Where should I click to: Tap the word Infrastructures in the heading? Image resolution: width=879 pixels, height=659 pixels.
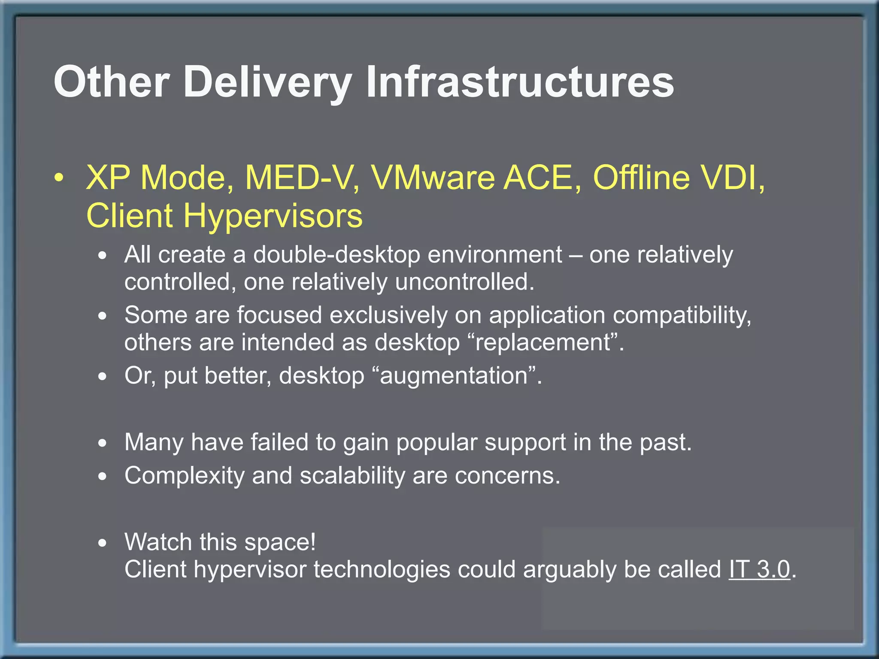(519, 82)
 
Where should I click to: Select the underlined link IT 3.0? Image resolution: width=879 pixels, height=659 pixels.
(759, 569)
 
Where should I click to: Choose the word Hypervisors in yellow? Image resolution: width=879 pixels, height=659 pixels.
(273, 215)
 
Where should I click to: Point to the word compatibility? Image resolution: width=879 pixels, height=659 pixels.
(681, 315)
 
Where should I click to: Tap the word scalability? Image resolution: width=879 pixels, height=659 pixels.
(352, 476)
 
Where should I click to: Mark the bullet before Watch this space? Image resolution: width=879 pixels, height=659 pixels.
(102, 543)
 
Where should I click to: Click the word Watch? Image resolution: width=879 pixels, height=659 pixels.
(158, 542)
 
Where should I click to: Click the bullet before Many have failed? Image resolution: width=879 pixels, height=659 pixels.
(102, 443)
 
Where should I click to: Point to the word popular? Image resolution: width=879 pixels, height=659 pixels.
(436, 442)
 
